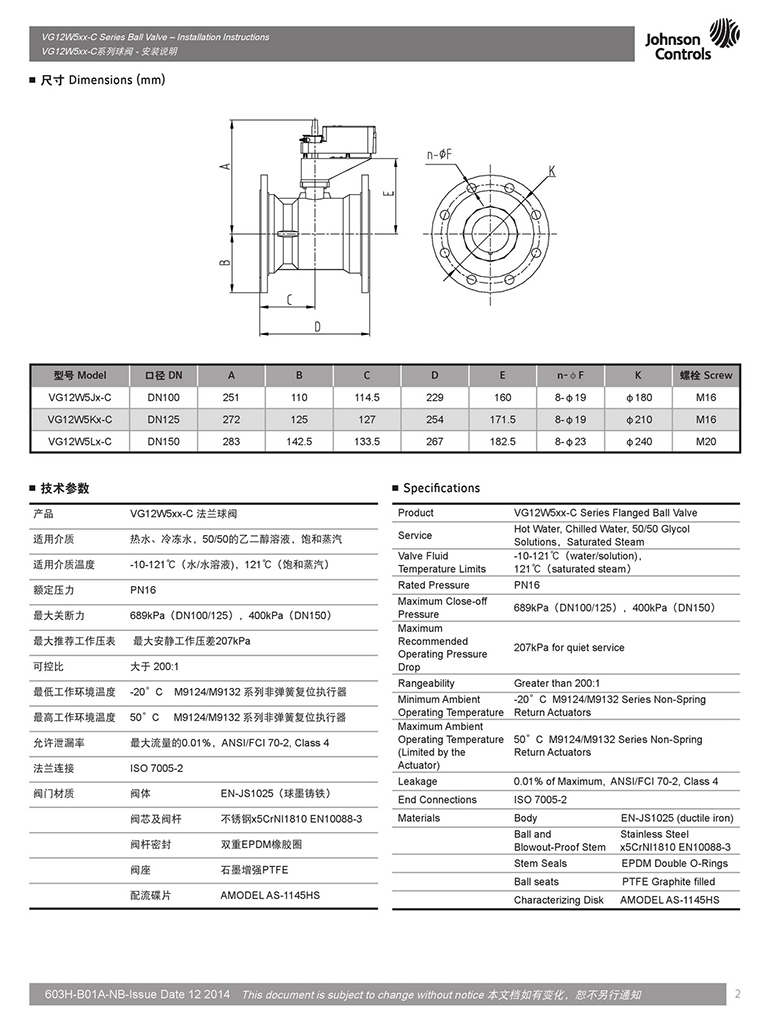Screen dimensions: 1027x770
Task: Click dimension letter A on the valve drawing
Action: (228, 166)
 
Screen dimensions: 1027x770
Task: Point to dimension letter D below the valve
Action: (316, 326)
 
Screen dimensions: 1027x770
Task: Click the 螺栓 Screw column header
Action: (706, 375)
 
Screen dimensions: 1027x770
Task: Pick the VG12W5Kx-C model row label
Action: (79, 419)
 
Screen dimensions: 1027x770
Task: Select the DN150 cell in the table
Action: (163, 441)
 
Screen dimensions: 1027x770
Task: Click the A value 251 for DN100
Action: (231, 397)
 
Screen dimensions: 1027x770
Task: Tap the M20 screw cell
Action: (706, 441)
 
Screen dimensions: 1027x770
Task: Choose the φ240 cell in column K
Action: (638, 441)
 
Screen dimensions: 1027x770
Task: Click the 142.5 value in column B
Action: (299, 441)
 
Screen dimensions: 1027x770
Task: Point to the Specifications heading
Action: (441, 488)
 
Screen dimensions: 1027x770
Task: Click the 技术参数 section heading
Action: (64, 488)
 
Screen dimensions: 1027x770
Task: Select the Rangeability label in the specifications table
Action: (426, 683)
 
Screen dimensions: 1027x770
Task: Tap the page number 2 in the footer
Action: (737, 994)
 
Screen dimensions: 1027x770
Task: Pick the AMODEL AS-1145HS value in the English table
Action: (669, 900)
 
